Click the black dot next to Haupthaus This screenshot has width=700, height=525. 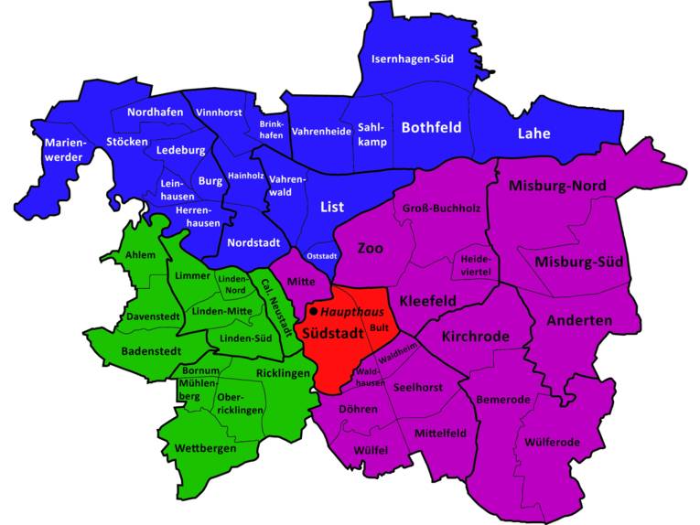(x=314, y=312)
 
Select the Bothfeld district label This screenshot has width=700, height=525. (x=431, y=127)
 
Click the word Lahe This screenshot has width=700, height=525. (x=533, y=133)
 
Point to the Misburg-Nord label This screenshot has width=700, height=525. (x=557, y=187)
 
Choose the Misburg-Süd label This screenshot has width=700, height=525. (x=578, y=262)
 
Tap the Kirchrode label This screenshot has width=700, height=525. (x=475, y=337)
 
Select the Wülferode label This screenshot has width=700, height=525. (x=552, y=443)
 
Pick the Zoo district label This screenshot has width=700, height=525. (x=370, y=248)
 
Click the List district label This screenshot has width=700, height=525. (x=331, y=208)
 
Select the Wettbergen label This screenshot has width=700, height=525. (x=205, y=448)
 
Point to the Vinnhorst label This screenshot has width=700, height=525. (x=219, y=112)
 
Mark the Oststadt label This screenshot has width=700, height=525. (x=322, y=255)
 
